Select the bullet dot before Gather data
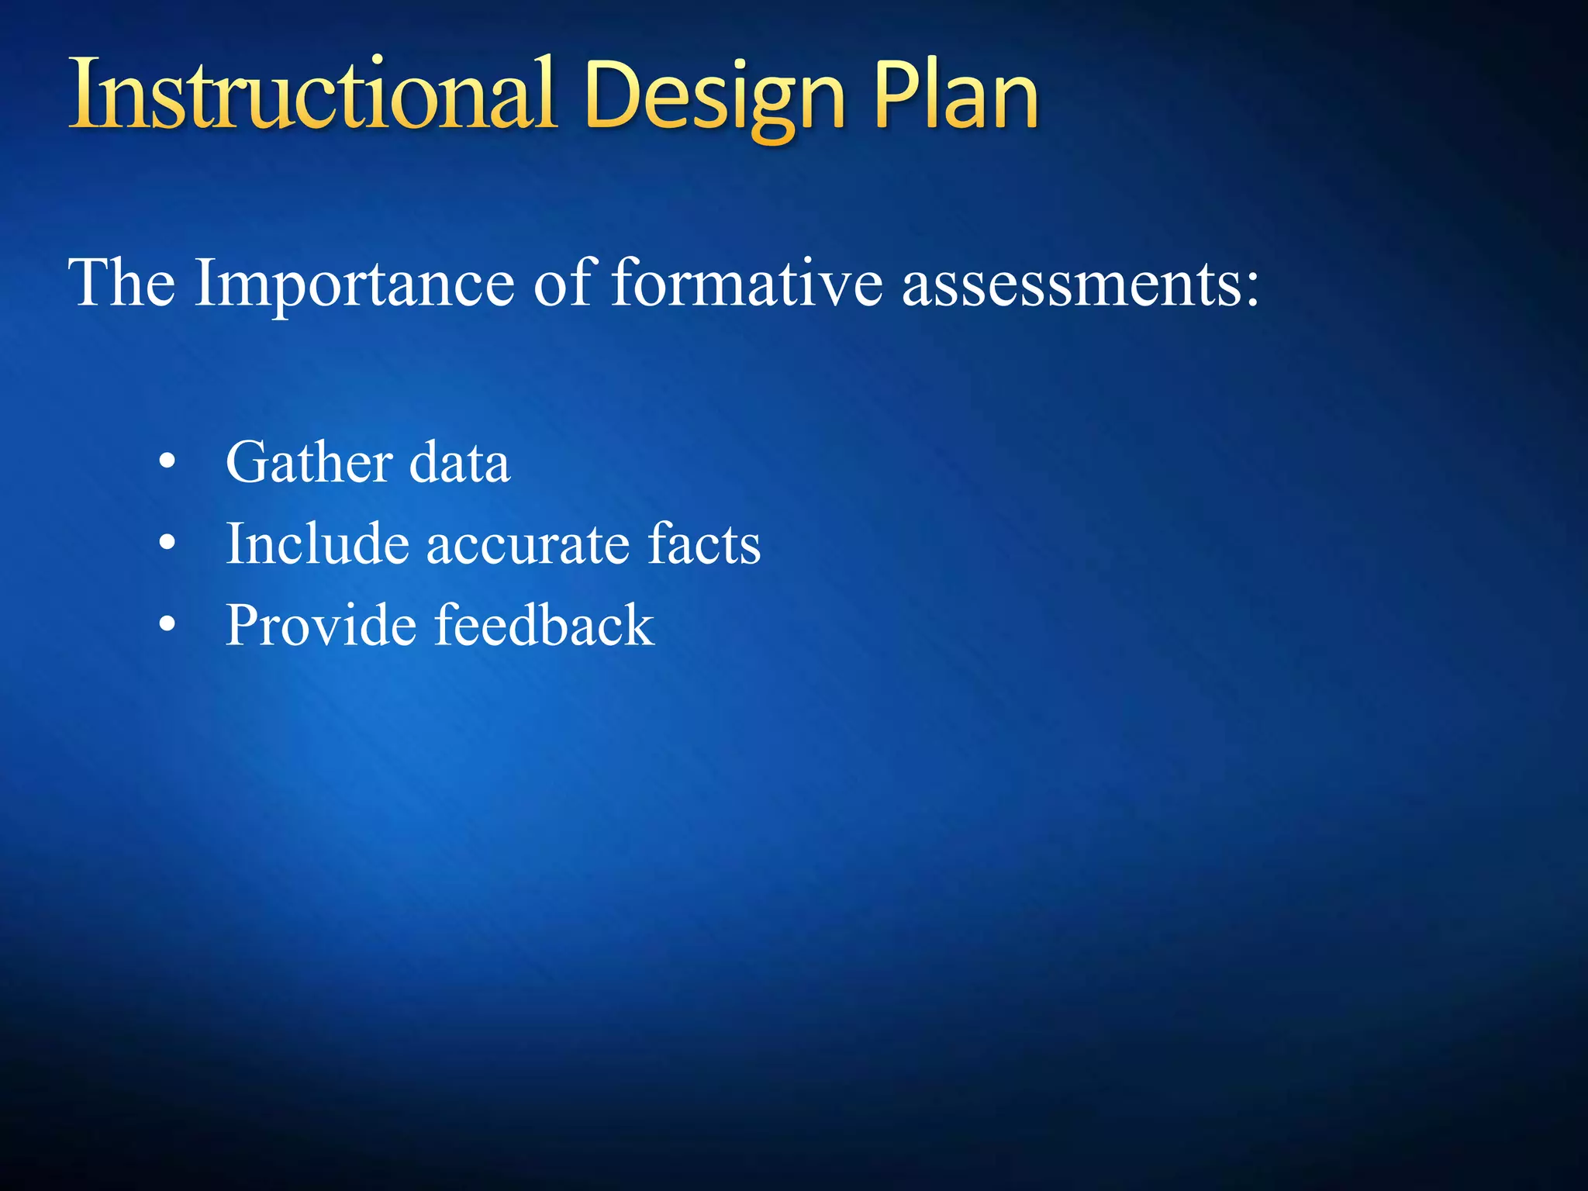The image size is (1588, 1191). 167,463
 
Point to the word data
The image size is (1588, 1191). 460,462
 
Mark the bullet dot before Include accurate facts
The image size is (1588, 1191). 167,544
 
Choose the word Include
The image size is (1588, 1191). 317,544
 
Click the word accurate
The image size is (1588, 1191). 527,545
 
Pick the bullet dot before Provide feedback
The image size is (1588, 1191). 167,624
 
